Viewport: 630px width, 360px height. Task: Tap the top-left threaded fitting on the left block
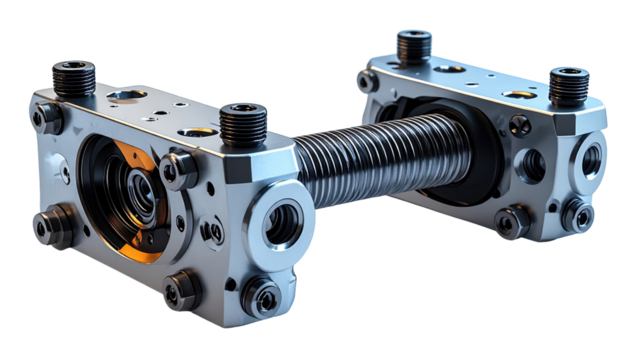click(x=74, y=78)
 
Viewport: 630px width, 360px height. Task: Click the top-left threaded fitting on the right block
click(x=413, y=45)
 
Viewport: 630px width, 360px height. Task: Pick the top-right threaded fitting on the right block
click(x=568, y=84)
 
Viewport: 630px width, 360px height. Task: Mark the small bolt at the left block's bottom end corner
click(x=262, y=296)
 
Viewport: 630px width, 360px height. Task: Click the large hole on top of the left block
click(x=128, y=96)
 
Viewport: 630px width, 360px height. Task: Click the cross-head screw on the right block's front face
click(x=520, y=125)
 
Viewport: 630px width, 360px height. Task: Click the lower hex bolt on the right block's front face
click(x=513, y=222)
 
